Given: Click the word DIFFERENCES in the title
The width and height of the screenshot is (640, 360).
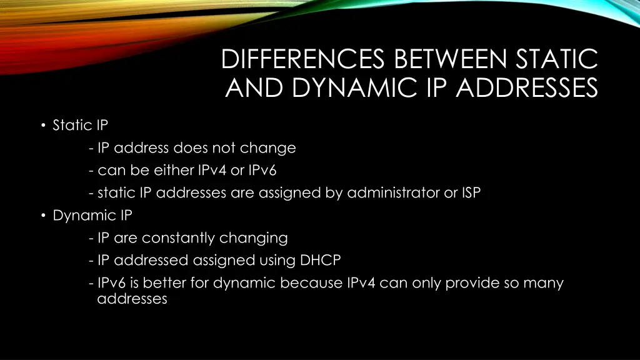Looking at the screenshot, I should coord(304,59).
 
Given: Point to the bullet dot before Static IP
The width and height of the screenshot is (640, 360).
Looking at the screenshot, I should coord(42,126).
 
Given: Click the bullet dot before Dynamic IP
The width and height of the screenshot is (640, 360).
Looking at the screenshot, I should coord(42,216).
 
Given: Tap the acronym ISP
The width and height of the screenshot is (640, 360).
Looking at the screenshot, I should coord(471,193).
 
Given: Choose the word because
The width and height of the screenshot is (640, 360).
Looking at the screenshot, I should coord(311,283).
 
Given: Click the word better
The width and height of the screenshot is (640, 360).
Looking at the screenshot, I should coord(167,283).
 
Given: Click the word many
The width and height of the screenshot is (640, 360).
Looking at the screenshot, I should coord(543,283).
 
